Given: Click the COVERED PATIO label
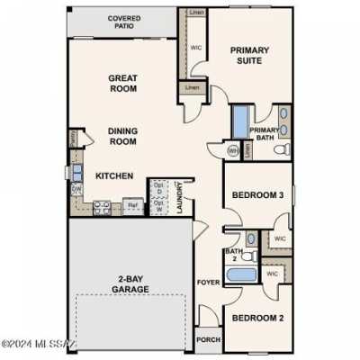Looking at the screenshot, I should (123, 22).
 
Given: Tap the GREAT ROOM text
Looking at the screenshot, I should (122, 85).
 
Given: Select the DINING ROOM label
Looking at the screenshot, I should (122, 135).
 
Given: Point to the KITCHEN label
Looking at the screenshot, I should (114, 175).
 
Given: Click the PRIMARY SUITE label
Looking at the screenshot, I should (249, 57).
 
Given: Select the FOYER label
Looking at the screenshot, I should (209, 283).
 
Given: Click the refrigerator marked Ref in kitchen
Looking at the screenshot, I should (133, 206).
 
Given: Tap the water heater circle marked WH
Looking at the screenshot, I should (234, 150).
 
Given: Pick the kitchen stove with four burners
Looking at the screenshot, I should (103, 207).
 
